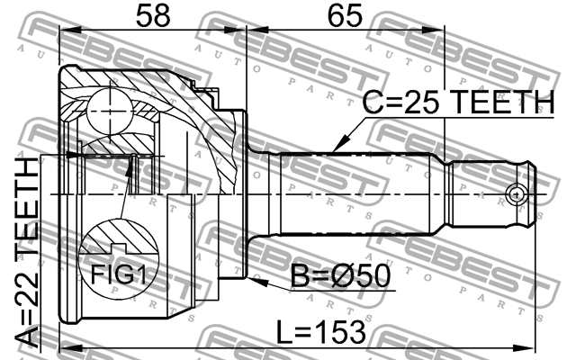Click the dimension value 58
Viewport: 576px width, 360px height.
pos(153,16)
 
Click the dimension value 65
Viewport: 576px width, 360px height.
pos(345,16)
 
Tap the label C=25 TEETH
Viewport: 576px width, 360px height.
pos(458,102)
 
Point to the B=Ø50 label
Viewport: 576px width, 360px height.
pos(340,276)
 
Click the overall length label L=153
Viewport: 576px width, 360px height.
pos(320,332)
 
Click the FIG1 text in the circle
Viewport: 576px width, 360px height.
pos(118,274)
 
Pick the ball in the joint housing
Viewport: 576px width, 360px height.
pos(110,112)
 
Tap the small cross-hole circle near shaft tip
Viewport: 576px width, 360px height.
pos(516,194)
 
